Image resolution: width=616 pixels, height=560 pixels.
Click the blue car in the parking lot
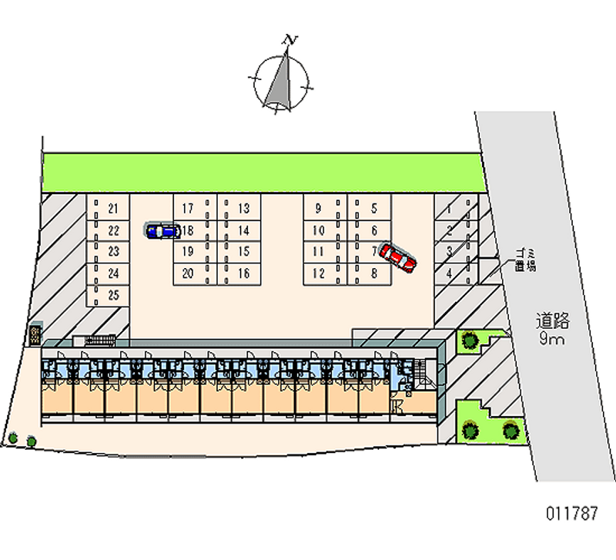tap(162, 230)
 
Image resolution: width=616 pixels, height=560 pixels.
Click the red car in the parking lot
tap(398, 257)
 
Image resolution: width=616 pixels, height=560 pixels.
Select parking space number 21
tap(112, 209)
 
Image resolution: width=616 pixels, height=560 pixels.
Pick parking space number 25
tap(112, 295)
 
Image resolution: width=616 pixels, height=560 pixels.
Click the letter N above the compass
tap(290, 39)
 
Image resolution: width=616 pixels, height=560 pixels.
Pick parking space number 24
tap(112, 273)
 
